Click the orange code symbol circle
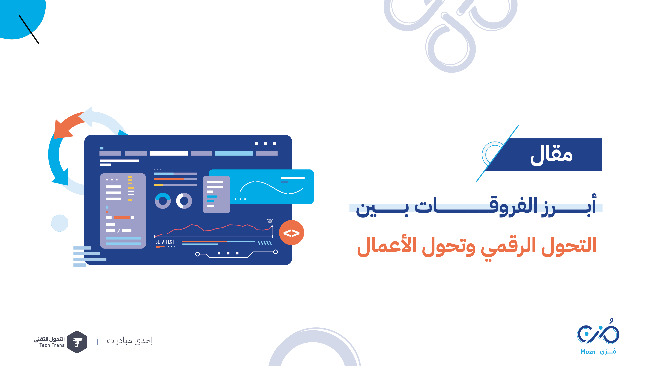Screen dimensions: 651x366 [x=291, y=233]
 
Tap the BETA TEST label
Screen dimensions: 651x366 [x=165, y=242]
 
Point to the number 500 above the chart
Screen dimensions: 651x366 [x=270, y=221]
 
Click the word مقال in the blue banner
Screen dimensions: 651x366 [x=551, y=156]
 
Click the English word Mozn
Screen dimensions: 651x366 [x=588, y=352]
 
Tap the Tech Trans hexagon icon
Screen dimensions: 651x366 [x=77, y=342]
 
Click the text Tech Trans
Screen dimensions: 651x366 [x=52, y=345]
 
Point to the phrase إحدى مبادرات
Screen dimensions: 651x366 [x=130, y=341]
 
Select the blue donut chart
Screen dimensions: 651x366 [x=163, y=201]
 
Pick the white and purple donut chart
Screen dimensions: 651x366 [x=184, y=201]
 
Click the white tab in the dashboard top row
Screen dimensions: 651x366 [x=169, y=153]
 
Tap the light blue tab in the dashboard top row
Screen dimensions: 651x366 [x=234, y=153]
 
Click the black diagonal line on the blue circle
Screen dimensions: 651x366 [x=29, y=30]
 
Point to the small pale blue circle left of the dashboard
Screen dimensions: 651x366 [x=60, y=223]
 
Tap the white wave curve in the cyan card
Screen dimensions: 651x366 [x=271, y=187]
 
